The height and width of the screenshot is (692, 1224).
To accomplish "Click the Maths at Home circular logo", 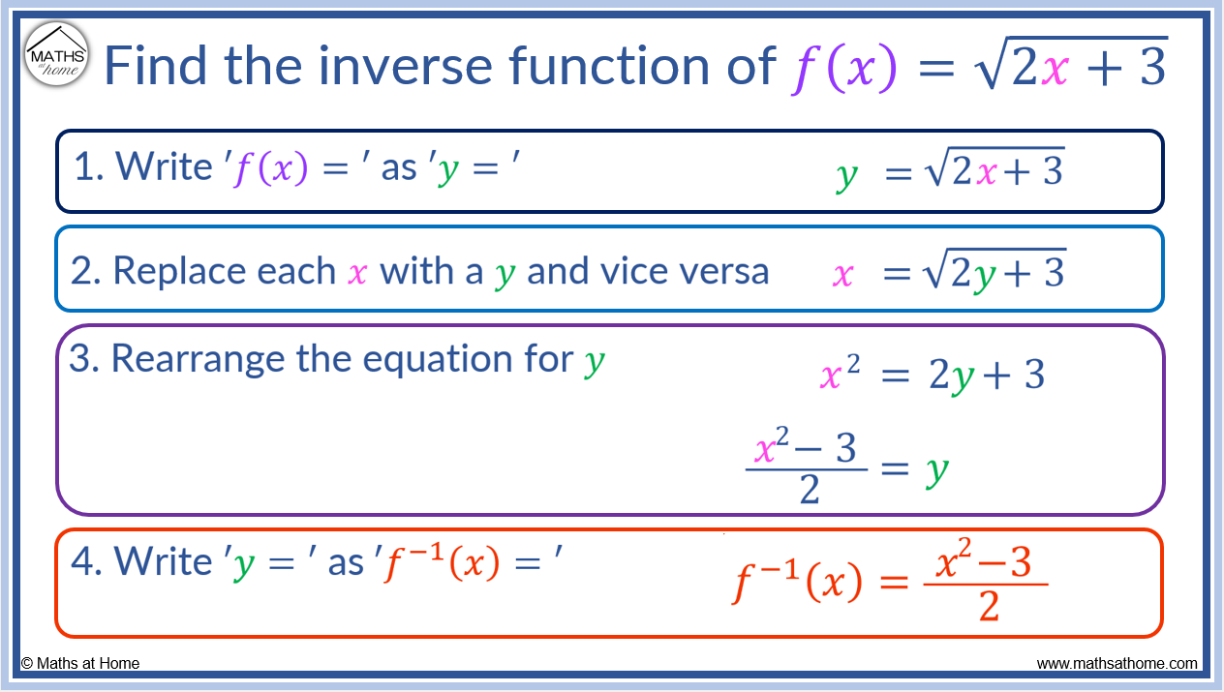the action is pyautogui.click(x=56, y=54).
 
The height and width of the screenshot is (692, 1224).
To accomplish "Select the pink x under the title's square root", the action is pyautogui.click(x=1056, y=70).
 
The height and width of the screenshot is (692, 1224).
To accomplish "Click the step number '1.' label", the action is pyautogui.click(x=89, y=166).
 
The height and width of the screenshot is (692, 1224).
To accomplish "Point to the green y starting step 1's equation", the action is pyautogui.click(x=847, y=176).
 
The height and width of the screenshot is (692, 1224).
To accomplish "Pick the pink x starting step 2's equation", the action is pyautogui.click(x=843, y=274).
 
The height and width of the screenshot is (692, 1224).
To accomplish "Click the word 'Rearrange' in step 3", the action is pyautogui.click(x=198, y=360).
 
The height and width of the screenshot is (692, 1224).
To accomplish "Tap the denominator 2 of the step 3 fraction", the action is pyautogui.click(x=810, y=489).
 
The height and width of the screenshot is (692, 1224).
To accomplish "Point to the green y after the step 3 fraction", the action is pyautogui.click(x=937, y=471).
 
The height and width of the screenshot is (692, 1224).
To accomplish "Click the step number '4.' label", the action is pyautogui.click(x=87, y=561).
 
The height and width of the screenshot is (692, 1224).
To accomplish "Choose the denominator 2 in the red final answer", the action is pyautogui.click(x=989, y=606).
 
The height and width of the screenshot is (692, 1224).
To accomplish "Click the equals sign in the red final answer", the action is pyautogui.click(x=895, y=583).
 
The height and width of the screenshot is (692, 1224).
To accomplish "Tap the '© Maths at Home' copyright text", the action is pyautogui.click(x=79, y=663).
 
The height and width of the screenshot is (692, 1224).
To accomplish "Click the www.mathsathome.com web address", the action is pyautogui.click(x=1117, y=663).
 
